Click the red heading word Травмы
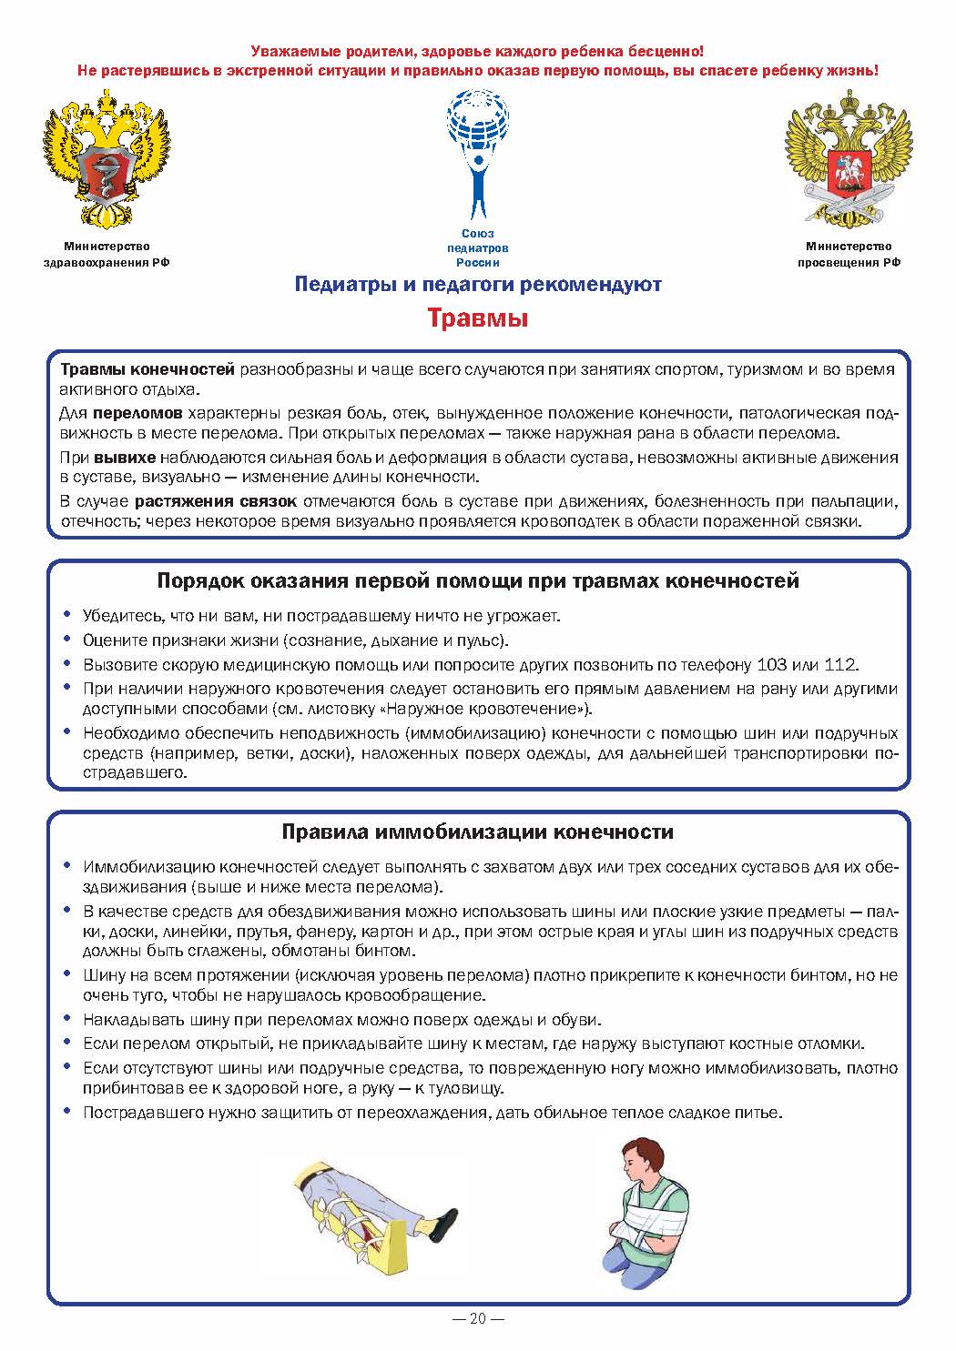478,319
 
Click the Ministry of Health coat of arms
107,161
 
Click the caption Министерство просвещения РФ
849,254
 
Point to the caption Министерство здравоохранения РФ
107,254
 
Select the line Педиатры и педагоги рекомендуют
478,285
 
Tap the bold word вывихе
126,457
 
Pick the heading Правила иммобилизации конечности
478,832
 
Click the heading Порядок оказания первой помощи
478,580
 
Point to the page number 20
478,1319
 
